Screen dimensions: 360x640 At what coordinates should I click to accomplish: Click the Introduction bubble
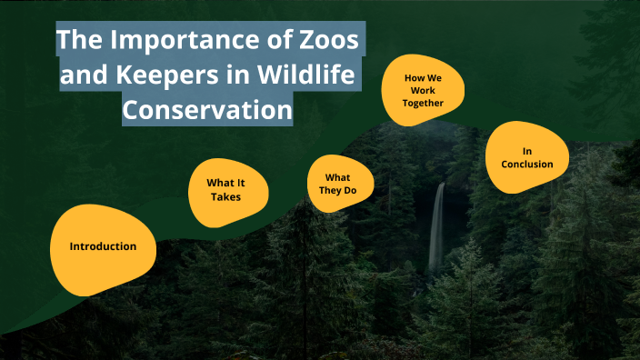click(x=103, y=246)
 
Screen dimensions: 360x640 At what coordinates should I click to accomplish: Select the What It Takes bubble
click(x=226, y=189)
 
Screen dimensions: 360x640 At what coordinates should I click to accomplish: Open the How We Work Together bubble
click(x=423, y=90)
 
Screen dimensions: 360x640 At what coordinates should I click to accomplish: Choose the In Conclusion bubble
click(x=526, y=157)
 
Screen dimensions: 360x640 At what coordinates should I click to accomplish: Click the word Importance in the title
click(x=170, y=41)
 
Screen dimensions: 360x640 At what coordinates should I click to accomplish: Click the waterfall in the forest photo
click(x=437, y=227)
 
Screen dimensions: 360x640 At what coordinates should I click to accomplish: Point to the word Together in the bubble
click(x=423, y=103)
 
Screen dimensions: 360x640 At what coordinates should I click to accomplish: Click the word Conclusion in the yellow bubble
click(x=526, y=165)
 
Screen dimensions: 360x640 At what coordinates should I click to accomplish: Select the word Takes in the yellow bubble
click(x=226, y=196)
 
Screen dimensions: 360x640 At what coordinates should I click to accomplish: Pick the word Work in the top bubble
click(x=423, y=90)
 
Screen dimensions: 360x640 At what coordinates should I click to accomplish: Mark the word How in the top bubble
click(x=415, y=77)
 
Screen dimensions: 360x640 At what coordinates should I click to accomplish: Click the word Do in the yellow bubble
click(x=353, y=190)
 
